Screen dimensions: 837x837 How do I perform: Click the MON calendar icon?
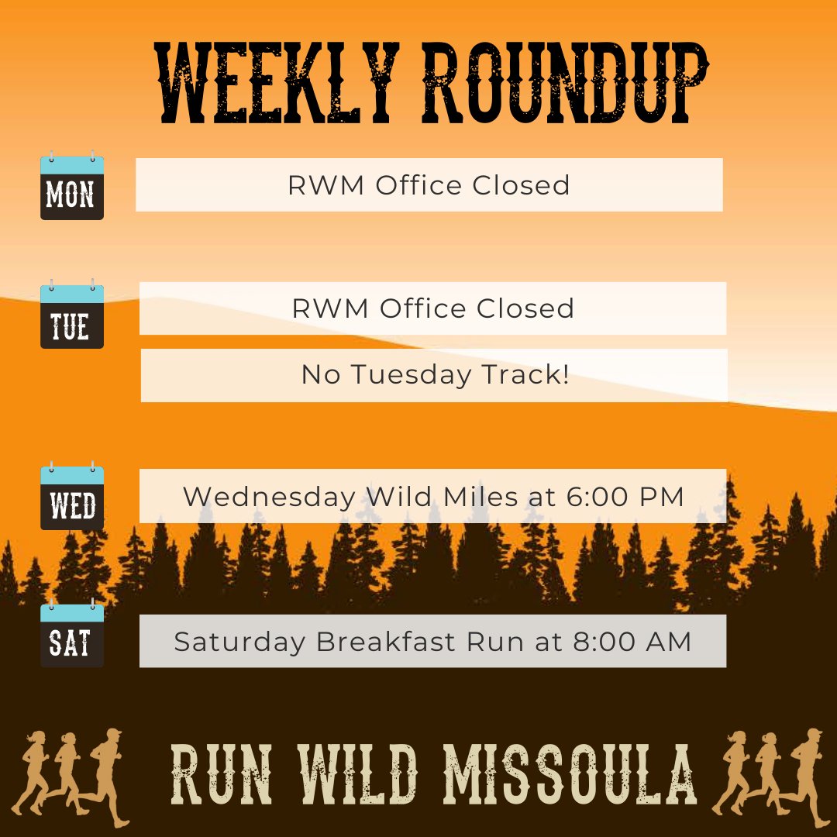(71, 187)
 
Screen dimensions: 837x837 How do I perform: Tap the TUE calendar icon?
(71, 315)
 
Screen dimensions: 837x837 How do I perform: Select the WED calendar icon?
(71, 498)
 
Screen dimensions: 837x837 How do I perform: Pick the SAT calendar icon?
(71, 635)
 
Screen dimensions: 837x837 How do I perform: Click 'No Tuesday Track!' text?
(435, 376)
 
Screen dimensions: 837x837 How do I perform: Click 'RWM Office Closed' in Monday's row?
(429, 185)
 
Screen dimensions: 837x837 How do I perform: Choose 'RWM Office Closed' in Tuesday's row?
(432, 308)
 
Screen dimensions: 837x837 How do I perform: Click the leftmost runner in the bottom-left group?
(31, 775)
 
